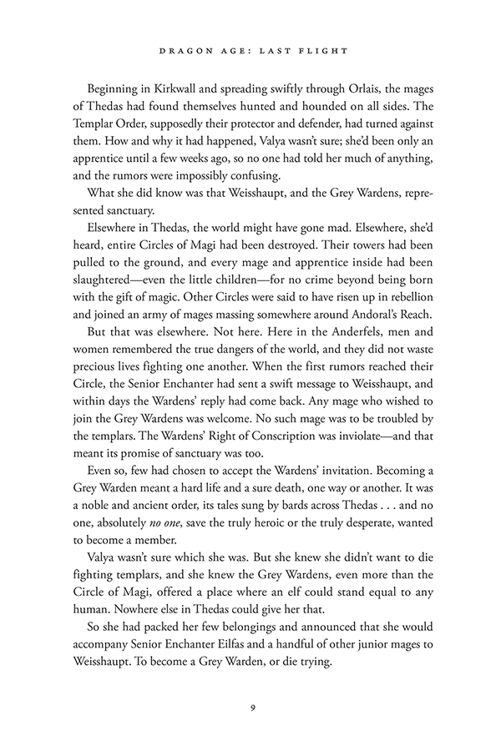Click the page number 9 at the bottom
(251, 708)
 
